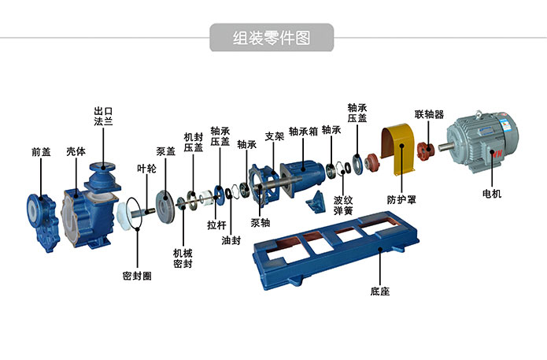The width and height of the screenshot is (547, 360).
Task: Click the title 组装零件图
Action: coord(272,37)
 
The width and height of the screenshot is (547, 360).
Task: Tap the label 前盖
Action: coord(41,151)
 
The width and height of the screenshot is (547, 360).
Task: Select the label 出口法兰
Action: coord(103,117)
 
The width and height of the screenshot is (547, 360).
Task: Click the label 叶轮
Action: coord(146,168)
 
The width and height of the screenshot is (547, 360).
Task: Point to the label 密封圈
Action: coord(137,276)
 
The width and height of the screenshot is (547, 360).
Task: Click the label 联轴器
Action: coord(429,114)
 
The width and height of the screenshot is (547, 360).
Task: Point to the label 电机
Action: coord(491,193)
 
